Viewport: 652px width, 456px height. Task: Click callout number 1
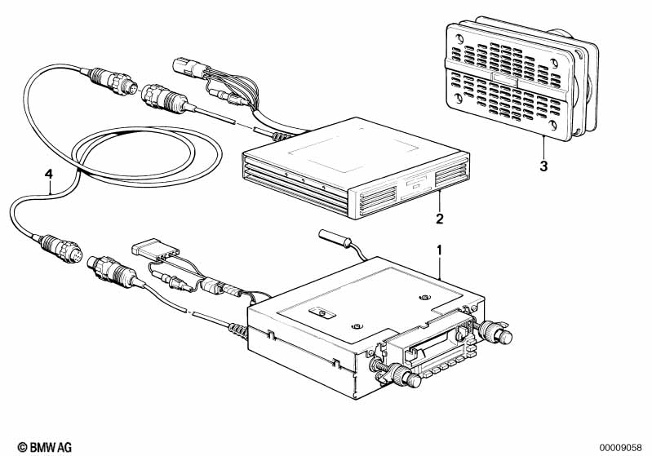tap(439, 250)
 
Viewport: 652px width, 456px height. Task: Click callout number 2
tap(440, 219)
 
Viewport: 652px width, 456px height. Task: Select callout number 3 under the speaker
tap(543, 166)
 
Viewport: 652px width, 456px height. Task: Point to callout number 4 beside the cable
tap(49, 174)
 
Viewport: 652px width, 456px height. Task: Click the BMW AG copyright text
tap(45, 447)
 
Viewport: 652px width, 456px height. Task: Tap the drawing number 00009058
tap(621, 448)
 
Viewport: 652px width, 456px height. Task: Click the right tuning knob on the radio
tap(496, 332)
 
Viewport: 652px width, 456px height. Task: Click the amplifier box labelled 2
tap(356, 167)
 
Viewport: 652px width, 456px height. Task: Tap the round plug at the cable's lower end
tap(61, 248)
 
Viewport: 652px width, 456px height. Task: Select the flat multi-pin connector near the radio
tap(155, 250)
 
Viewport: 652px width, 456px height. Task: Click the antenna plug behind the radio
tap(335, 237)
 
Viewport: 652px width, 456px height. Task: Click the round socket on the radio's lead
tap(113, 271)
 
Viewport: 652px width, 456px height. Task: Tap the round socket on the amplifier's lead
tap(164, 99)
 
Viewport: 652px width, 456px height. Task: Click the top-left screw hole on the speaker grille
tap(459, 40)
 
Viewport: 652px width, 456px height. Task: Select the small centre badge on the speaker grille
tap(504, 78)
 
